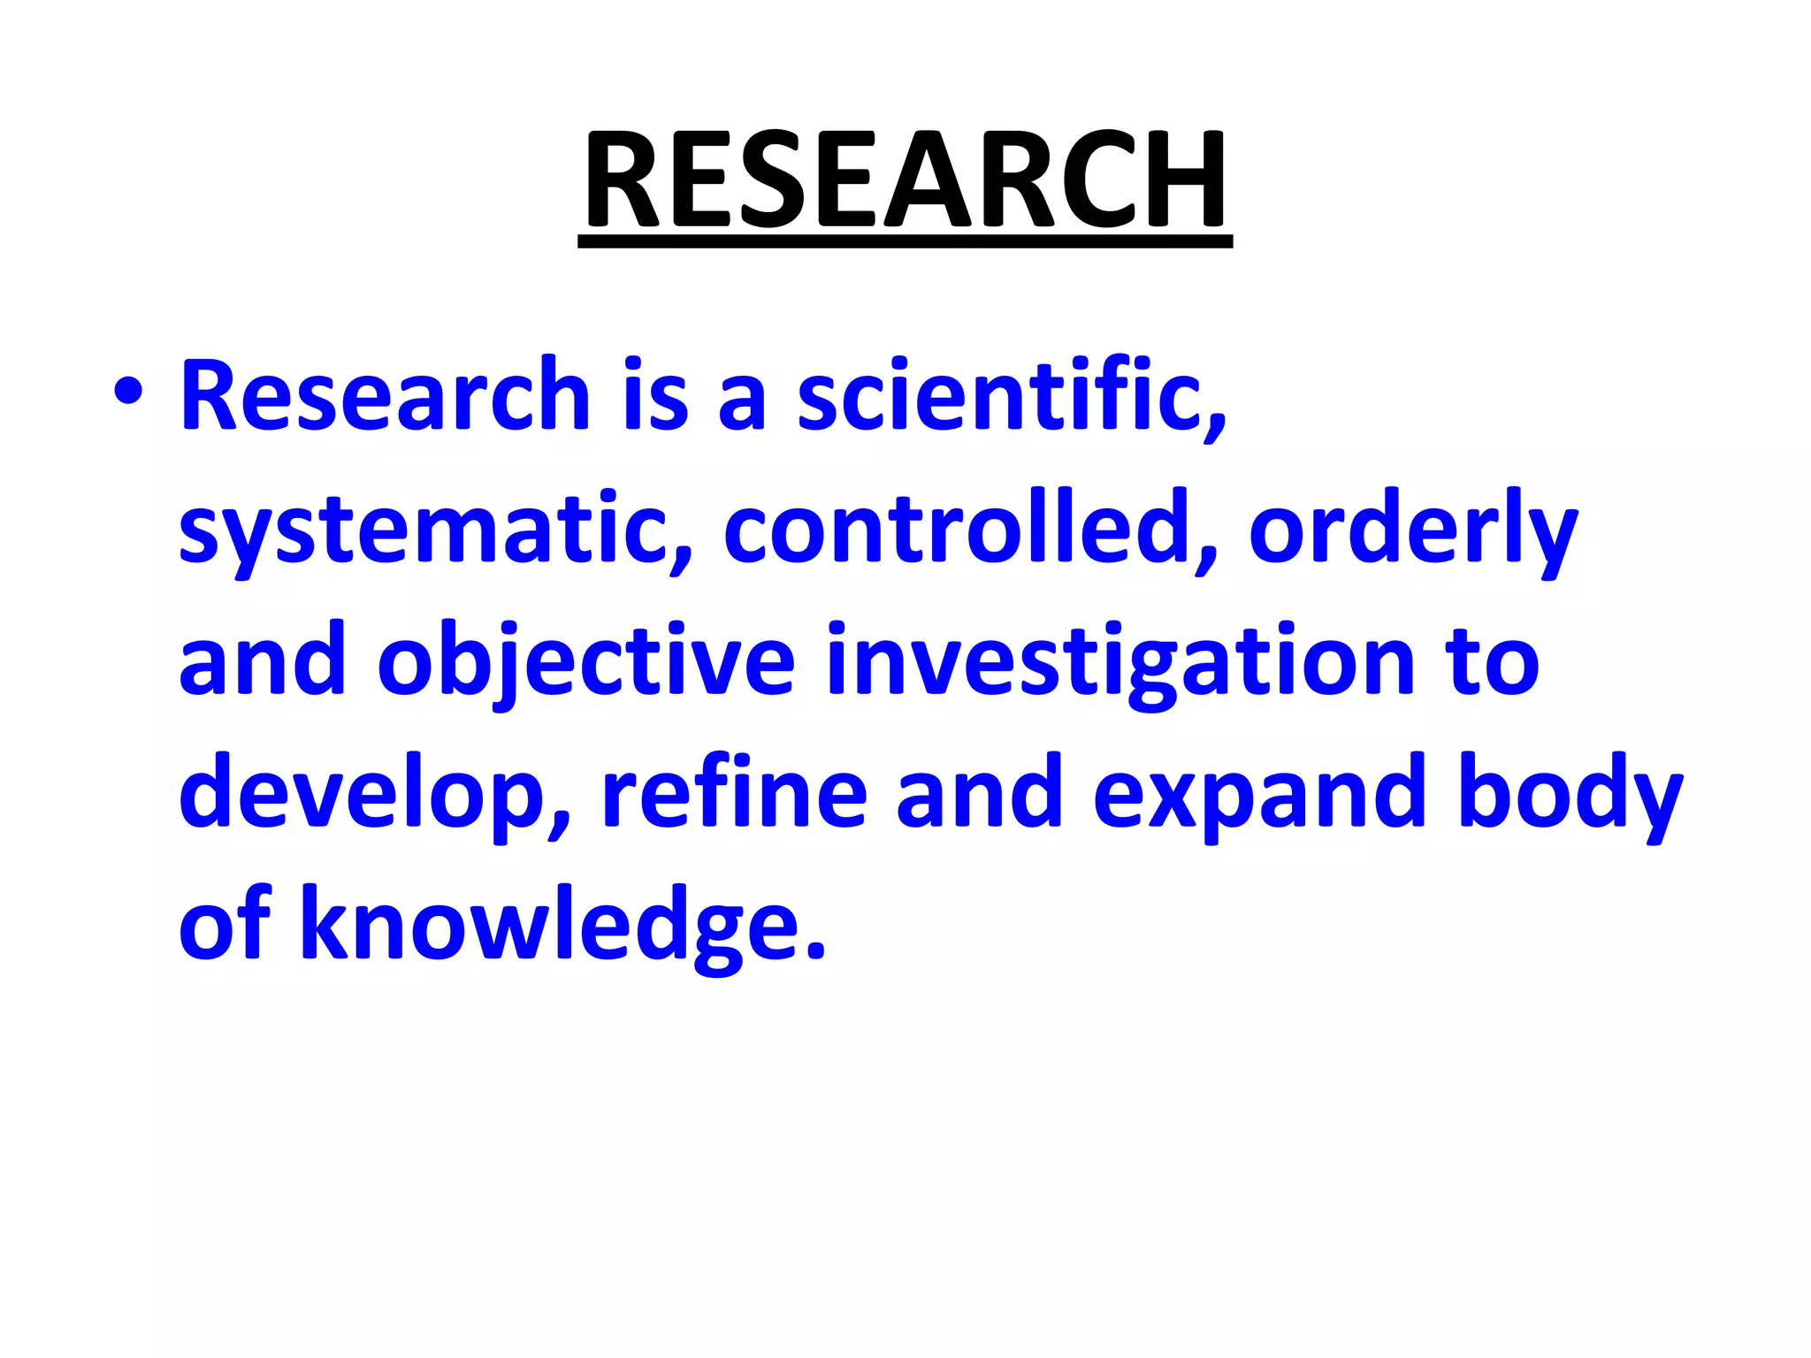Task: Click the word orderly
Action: pos(1412,530)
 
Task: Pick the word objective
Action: pos(586,662)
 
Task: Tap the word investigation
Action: pos(1120,662)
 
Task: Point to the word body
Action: pos(1570,793)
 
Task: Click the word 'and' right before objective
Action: pos(262,660)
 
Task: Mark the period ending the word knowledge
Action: pos(816,951)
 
